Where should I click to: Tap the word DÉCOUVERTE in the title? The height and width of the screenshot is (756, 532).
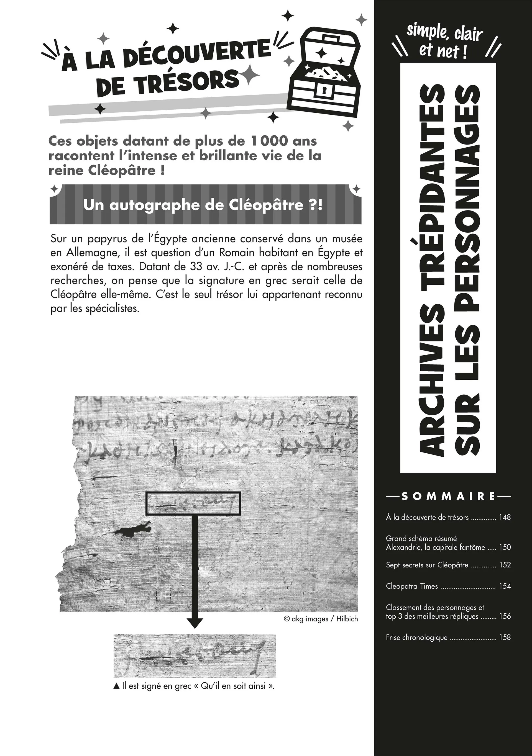coord(199,52)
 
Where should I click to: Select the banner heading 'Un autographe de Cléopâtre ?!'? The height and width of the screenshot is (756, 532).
coord(203,205)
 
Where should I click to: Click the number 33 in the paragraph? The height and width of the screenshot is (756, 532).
coord(196,266)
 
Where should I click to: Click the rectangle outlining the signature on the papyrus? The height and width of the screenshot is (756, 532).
coord(193,503)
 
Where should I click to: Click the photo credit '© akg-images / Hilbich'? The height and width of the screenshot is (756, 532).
coord(320,619)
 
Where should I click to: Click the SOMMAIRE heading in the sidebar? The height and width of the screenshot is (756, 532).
coord(449,496)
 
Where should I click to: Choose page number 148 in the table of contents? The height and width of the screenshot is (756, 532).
coord(505,517)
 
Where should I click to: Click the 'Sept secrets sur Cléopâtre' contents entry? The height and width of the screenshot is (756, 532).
coord(427,565)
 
